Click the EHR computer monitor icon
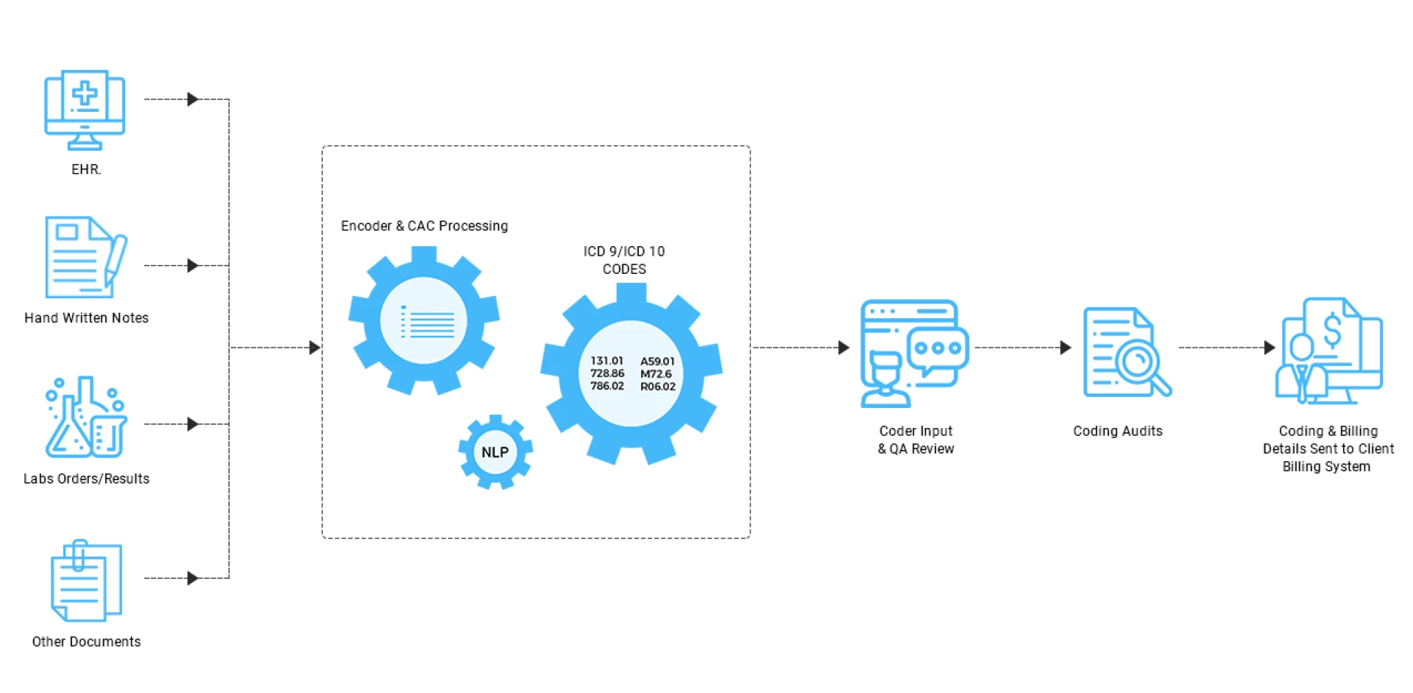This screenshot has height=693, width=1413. [85, 109]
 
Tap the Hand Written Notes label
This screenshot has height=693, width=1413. [86, 318]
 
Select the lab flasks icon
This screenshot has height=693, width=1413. [85, 418]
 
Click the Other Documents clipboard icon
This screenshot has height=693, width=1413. [86, 580]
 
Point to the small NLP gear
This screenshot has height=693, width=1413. [495, 452]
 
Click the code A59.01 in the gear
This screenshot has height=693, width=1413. [657, 362]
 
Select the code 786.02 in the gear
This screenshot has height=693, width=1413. [607, 386]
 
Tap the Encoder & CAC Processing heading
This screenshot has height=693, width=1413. [424, 226]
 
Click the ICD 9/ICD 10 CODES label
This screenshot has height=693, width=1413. [624, 260]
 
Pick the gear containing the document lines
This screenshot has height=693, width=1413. [425, 321]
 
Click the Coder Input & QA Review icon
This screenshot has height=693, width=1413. [913, 353]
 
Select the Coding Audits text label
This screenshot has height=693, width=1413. [1117, 432]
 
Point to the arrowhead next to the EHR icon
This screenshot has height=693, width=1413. [193, 99]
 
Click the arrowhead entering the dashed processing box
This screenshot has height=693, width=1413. [314, 348]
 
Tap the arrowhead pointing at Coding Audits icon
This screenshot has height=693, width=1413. [1065, 348]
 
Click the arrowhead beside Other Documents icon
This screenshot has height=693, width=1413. [193, 578]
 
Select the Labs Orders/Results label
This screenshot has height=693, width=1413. [86, 479]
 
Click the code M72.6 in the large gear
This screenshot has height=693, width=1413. [656, 374]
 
